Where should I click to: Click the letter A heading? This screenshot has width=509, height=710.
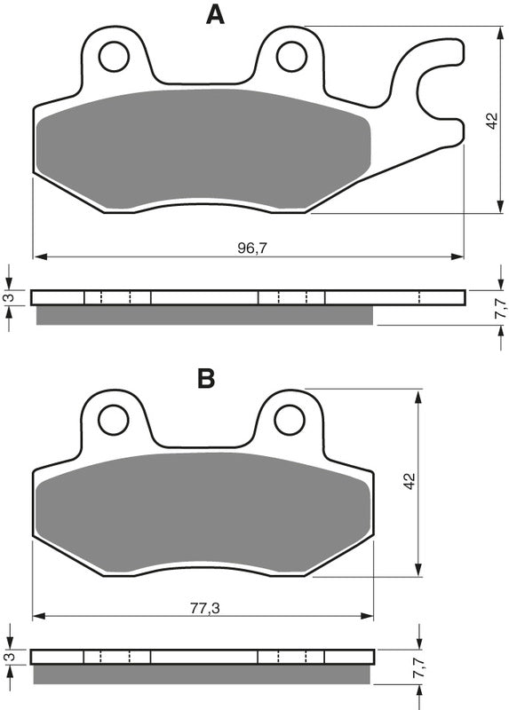[214, 14]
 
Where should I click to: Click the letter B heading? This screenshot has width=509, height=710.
[206, 379]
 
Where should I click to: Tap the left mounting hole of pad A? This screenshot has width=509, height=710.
[114, 57]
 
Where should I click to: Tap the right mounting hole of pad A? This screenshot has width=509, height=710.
[291, 57]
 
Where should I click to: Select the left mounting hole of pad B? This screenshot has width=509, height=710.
[114, 420]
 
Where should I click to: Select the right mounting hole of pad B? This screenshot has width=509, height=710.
[290, 420]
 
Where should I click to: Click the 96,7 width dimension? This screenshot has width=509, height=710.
[251, 248]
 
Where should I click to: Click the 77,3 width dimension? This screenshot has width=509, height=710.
[205, 610]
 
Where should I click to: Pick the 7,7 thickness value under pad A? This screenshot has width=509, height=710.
[500, 309]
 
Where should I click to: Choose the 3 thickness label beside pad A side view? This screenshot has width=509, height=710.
[8, 297]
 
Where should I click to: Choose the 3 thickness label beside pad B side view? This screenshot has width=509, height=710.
[8, 657]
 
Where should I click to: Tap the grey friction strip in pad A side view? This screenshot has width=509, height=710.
[204, 314]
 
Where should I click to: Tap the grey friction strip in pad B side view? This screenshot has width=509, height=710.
[204, 674]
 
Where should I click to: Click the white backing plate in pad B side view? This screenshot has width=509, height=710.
[204, 657]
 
